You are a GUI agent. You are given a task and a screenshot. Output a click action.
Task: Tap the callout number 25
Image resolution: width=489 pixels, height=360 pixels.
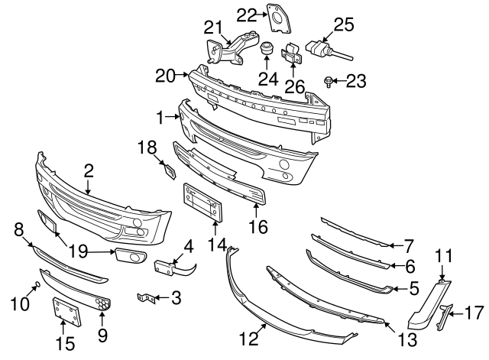click(344, 24)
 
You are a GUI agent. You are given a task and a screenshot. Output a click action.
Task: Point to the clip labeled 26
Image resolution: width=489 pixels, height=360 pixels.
click(290, 54)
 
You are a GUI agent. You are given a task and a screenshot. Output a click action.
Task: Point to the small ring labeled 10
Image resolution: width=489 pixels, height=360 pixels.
click(35, 287)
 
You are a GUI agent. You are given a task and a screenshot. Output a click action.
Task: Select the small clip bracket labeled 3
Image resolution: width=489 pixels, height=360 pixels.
click(143, 297)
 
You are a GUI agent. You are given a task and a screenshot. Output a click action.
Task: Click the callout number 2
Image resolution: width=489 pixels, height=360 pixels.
click(89, 170)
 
